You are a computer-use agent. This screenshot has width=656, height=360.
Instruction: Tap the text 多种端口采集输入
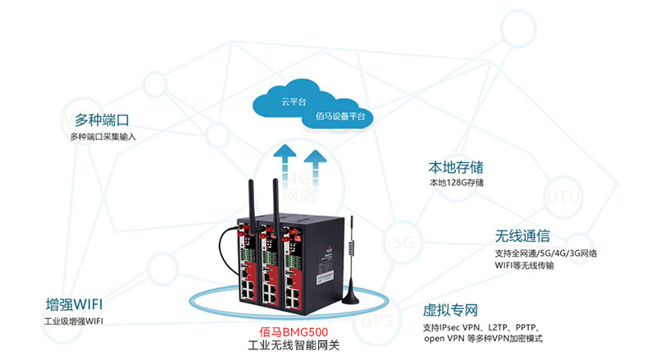pyautogui.click(x=103, y=136)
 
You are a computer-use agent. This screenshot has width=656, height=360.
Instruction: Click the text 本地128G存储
pyautogui.click(x=457, y=182)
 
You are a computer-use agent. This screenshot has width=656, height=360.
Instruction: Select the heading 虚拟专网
pyautogui.click(x=450, y=311)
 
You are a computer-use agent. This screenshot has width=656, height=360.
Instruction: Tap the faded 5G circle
pyautogui.click(x=403, y=243)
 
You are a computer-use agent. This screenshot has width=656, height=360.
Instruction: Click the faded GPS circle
pyautogui.click(x=382, y=320)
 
